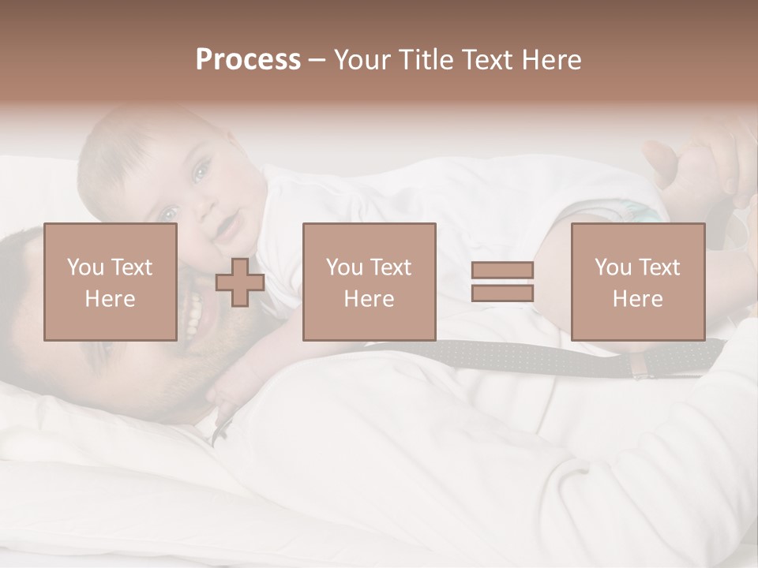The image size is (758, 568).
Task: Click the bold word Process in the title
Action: click(248, 60)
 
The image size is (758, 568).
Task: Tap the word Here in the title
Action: click(551, 60)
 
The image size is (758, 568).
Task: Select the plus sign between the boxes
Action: click(240, 282)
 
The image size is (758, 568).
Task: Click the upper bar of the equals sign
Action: click(502, 270)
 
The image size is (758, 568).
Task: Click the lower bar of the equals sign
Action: click(502, 293)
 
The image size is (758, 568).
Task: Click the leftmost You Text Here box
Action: click(110, 282)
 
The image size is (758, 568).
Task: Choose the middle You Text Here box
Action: click(369, 282)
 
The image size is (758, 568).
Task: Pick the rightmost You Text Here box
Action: click(637, 282)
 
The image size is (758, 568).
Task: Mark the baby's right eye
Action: click(167, 213)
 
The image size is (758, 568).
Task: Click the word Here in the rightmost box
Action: click(637, 299)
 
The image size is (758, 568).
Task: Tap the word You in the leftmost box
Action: click(84, 267)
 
